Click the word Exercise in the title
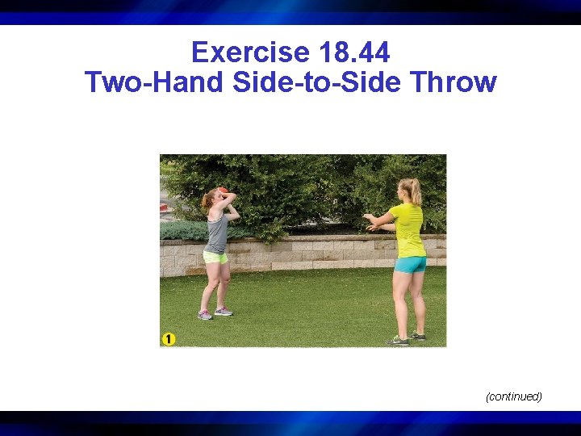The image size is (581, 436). [251, 53]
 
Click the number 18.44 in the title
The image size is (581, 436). [355, 53]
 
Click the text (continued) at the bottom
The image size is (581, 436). [513, 396]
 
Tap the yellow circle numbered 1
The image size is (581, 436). [168, 339]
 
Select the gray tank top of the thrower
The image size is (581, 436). [216, 233]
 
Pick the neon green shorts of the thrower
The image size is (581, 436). [215, 258]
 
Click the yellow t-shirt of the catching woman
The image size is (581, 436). [408, 228]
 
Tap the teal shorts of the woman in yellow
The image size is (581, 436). [410, 264]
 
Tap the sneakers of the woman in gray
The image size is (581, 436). [215, 313]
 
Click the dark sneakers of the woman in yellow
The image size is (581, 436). [406, 338]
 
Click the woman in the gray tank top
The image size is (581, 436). [216, 250]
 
